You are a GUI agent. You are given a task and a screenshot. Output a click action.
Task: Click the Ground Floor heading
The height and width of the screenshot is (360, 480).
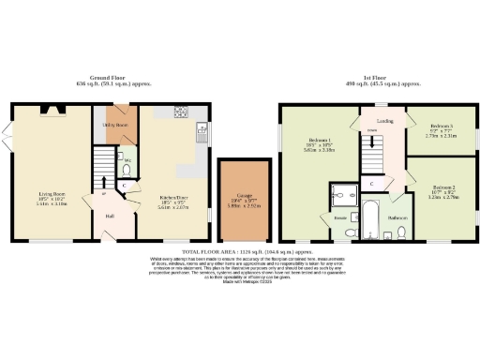[x=108, y=78]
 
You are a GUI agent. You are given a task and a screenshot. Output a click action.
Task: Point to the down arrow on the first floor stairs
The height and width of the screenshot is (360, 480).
[x=371, y=143]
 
